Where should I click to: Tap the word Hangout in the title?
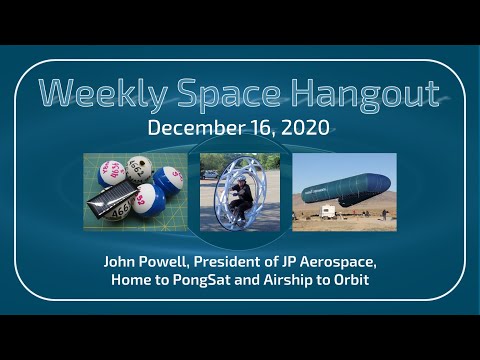359,93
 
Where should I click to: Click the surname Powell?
171,261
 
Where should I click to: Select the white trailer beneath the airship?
327,212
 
